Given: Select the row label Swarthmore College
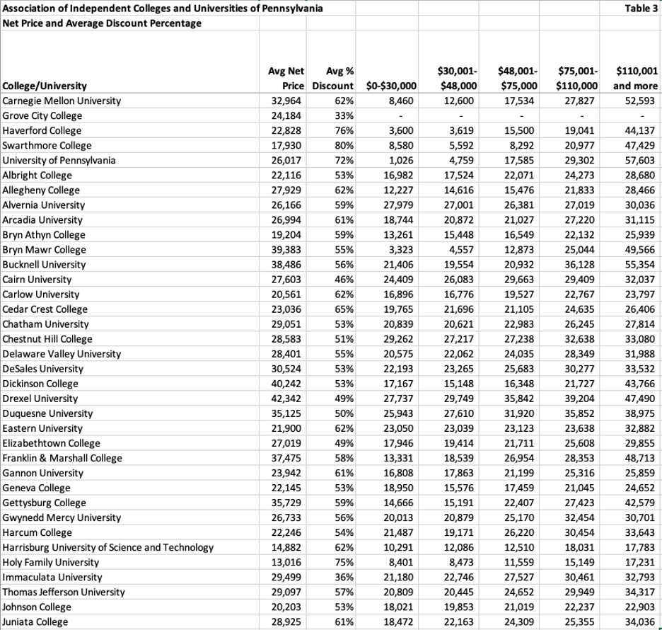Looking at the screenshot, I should pos(42,146).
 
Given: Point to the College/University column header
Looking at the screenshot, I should pos(45,86).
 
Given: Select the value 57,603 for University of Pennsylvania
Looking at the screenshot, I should pos(642,161).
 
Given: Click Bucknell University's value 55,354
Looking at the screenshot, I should pos(642,265).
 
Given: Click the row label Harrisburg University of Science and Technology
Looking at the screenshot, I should pos(108,548).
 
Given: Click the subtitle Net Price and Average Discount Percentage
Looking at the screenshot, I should pos(102,23).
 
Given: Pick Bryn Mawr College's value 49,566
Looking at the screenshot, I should pos(642,250).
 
